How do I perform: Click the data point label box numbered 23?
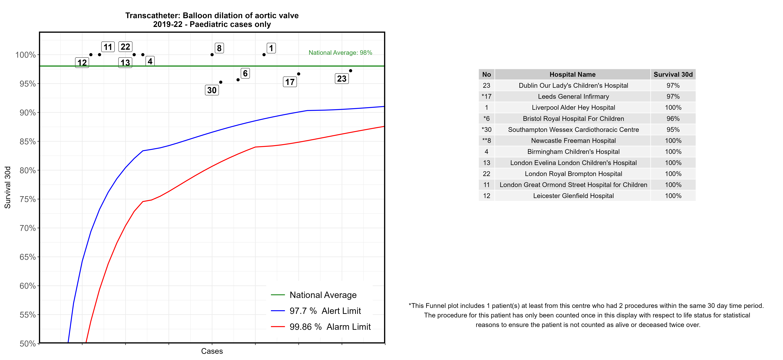coord(342,79)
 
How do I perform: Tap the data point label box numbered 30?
coord(212,90)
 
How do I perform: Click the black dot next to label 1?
coord(264,55)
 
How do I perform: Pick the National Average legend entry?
coord(323,295)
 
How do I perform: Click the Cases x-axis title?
coord(212,351)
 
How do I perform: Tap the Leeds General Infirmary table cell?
coord(573,97)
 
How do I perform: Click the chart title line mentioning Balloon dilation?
coord(212,16)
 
